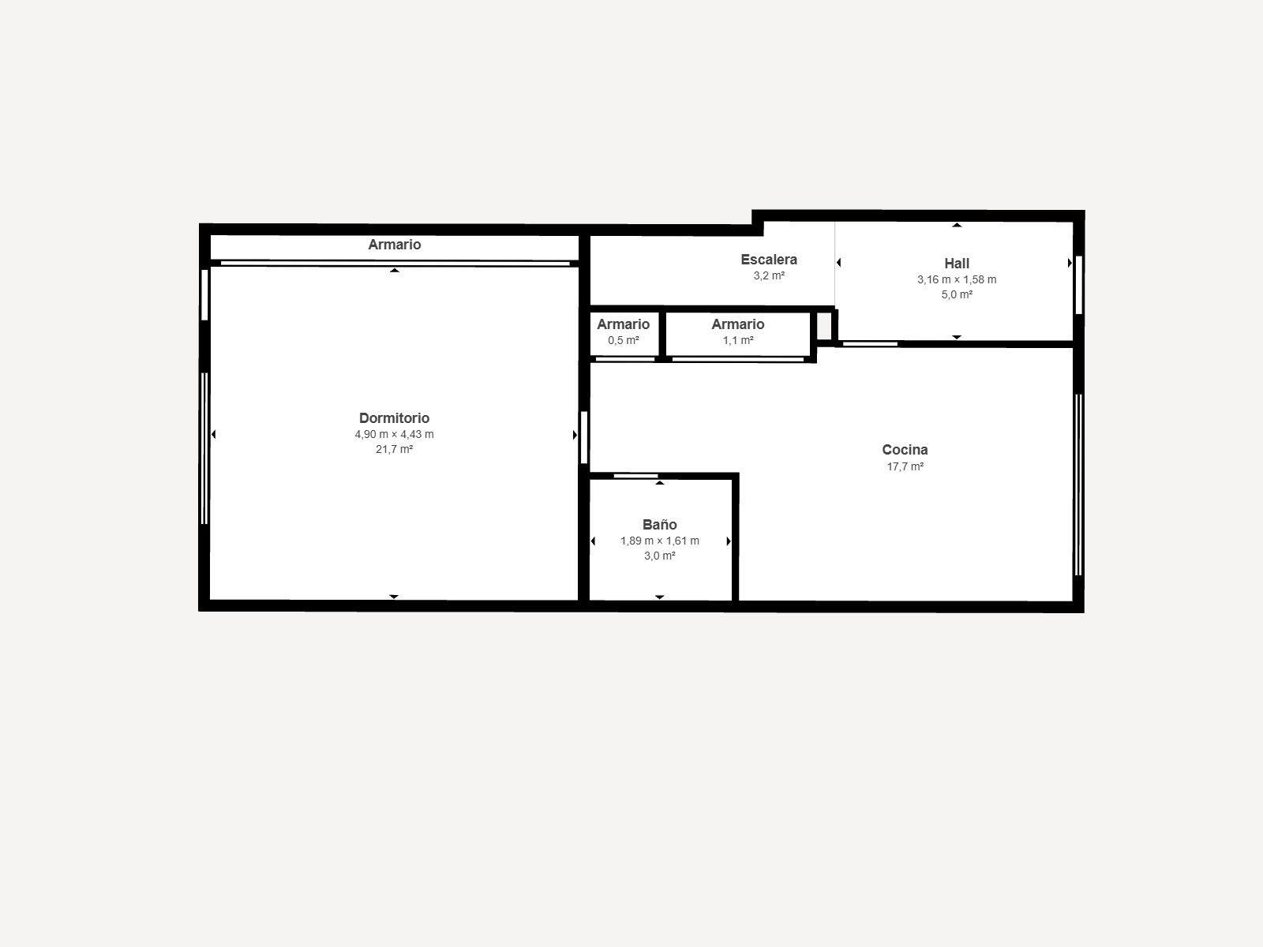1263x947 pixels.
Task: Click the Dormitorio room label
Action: (x=394, y=418)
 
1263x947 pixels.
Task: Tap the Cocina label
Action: (x=905, y=450)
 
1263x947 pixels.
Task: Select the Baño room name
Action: (x=659, y=525)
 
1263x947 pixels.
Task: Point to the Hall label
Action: (x=957, y=264)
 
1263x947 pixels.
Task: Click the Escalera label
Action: (x=769, y=260)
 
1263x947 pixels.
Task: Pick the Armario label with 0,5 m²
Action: (x=623, y=324)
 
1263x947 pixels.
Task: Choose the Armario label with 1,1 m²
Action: (x=738, y=324)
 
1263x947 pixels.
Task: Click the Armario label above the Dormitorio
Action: (x=395, y=245)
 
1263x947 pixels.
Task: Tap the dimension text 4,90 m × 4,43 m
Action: (x=394, y=435)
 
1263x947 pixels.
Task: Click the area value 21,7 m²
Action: (x=394, y=450)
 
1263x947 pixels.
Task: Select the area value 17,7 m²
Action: (x=905, y=466)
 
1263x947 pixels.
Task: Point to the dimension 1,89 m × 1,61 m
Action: (x=659, y=541)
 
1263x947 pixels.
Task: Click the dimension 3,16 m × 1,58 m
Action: (x=957, y=279)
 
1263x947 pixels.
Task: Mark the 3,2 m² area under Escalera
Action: (x=769, y=276)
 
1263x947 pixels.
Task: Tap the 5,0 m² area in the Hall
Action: (x=957, y=294)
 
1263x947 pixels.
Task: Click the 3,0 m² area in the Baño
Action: (x=659, y=556)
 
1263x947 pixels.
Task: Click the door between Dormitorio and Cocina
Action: (x=584, y=437)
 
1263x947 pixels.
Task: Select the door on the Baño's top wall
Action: (x=635, y=476)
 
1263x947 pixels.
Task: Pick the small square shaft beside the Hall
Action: (x=824, y=326)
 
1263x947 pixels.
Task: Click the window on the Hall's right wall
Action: (x=1079, y=284)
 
